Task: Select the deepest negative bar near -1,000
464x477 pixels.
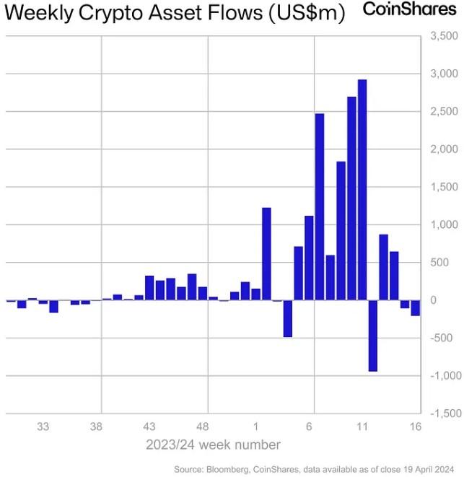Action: pyautogui.click(x=373, y=336)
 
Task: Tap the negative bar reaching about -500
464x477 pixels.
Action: pyautogui.click(x=287, y=318)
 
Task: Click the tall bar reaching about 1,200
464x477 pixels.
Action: pyautogui.click(x=266, y=254)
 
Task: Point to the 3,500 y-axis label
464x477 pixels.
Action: pyautogui.click(x=444, y=36)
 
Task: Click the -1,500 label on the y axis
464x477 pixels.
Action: pyautogui.click(x=446, y=413)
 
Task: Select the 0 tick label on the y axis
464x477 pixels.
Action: pyautogui.click(x=433, y=300)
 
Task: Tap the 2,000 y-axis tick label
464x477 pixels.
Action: pyautogui.click(x=444, y=149)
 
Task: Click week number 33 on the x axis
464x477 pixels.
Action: pyautogui.click(x=43, y=426)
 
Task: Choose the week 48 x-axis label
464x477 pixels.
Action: pyautogui.click(x=202, y=426)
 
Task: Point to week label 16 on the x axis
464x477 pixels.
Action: pyautogui.click(x=416, y=426)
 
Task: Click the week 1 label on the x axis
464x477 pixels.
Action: pyautogui.click(x=256, y=426)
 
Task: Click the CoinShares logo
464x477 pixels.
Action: pyautogui.click(x=410, y=9)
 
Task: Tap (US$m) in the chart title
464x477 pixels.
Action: pyautogui.click(x=307, y=13)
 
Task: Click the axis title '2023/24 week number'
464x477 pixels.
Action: pyautogui.click(x=213, y=445)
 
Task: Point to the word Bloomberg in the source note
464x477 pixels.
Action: pyautogui.click(x=227, y=469)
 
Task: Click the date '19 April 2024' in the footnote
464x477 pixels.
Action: pyautogui.click(x=429, y=469)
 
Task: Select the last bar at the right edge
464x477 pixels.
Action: pyautogui.click(x=416, y=308)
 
